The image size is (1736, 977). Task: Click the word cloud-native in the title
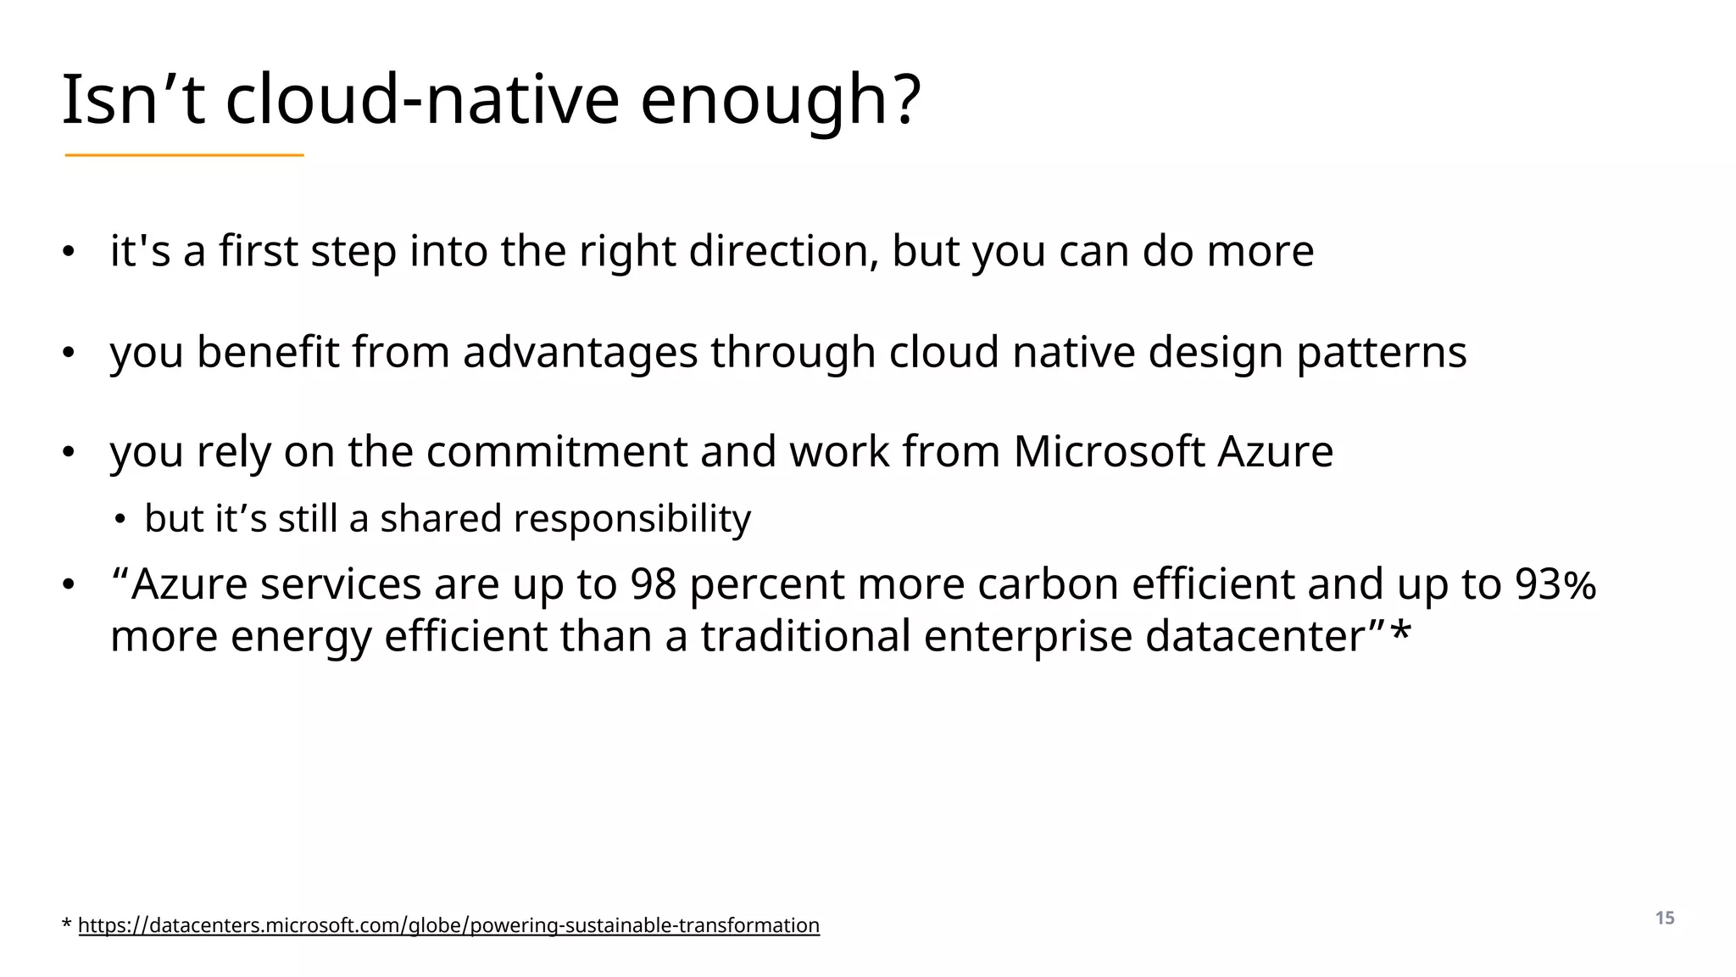(x=422, y=100)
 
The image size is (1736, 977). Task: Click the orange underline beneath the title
(x=184, y=155)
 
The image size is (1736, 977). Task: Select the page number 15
(x=1665, y=918)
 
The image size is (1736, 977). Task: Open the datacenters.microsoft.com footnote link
(x=448, y=925)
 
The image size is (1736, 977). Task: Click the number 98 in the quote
(x=653, y=584)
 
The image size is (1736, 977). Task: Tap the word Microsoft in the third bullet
(x=1109, y=451)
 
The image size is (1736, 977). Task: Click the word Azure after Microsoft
(x=1275, y=451)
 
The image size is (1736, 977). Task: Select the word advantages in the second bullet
(x=580, y=352)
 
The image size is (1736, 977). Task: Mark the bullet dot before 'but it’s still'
(x=121, y=519)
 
